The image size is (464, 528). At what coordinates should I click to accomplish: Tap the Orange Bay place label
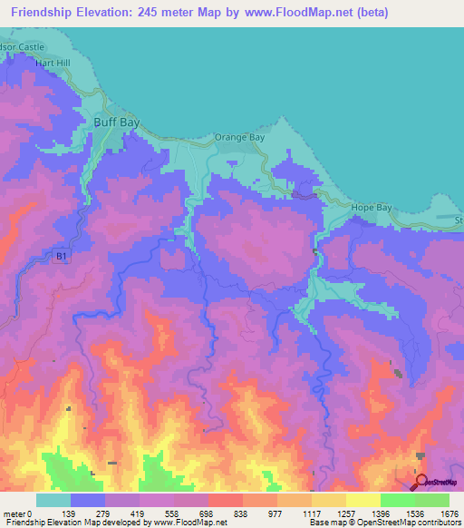coord(238,137)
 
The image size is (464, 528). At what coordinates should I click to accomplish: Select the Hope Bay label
coord(372,208)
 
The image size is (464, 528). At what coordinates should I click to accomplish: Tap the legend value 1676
coord(450,513)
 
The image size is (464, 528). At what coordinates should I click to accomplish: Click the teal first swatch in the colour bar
coord(53,500)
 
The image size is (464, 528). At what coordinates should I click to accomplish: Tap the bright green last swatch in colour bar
coord(432,500)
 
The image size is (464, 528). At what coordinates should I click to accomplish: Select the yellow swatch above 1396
coord(363,500)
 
